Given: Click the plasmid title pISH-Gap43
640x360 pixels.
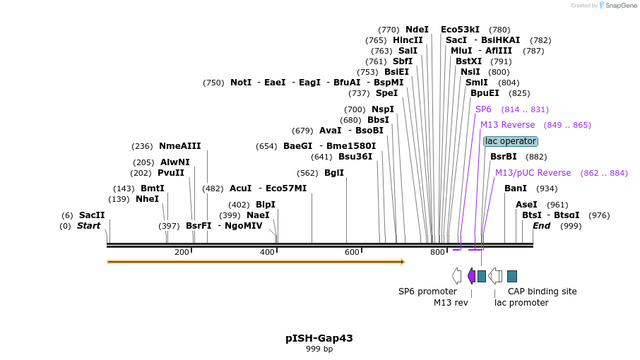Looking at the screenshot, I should coord(319,338).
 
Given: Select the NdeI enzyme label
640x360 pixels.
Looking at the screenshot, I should coord(417,30).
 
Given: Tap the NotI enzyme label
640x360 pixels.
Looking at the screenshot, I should coord(241,83).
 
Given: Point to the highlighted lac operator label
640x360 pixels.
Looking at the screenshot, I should coord(511,141).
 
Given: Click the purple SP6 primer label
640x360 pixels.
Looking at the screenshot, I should coord(483,109).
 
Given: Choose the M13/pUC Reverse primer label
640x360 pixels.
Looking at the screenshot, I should coord(533,173).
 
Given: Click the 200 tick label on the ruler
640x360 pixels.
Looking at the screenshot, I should coord(182,252).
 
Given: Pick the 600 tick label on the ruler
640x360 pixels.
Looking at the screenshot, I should coord(352,252).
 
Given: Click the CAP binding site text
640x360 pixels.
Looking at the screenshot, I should coord(542,291).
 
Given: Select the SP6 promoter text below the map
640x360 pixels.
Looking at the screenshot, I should coord(427,291).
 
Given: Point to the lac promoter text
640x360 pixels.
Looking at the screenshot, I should coord(521,303).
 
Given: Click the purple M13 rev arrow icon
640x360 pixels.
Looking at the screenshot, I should coord(471,276).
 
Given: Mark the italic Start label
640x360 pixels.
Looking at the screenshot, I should coord(89,226).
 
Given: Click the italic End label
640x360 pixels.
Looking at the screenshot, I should coord(541,226).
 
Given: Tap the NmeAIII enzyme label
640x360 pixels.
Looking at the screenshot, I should coord(179,146).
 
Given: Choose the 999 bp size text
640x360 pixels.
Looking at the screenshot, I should coord(319,349).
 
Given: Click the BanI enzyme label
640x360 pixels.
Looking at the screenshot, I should coord(516,188).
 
